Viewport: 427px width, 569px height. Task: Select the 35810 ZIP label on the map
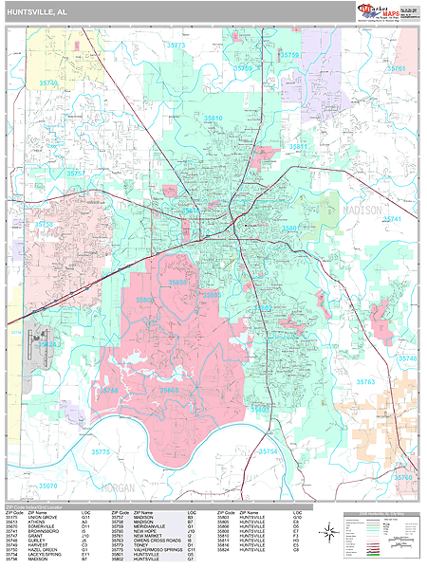coord(211,119)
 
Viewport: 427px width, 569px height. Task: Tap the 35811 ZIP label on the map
coord(299,147)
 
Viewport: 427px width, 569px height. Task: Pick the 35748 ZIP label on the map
coord(407,358)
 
